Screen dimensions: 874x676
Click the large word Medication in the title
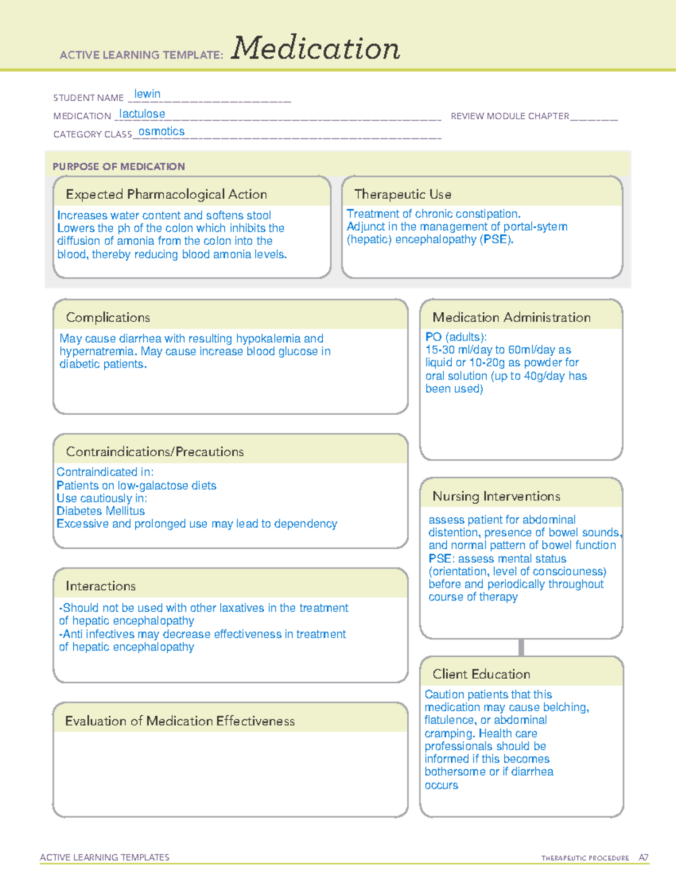(315, 48)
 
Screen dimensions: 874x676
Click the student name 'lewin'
(147, 94)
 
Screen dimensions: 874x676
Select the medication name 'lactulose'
(142, 114)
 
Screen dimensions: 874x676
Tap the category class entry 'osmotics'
(162, 132)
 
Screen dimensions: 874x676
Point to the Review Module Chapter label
(510, 116)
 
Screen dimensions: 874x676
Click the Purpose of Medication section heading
(118, 167)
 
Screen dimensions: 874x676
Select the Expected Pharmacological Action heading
(166, 194)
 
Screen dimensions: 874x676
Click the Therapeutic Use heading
(403, 194)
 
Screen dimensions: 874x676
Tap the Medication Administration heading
(512, 317)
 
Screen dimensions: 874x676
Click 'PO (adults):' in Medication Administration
(456, 337)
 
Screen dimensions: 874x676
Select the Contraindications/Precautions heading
(155, 452)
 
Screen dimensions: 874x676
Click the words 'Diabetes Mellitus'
(100, 511)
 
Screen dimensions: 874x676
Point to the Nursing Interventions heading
(496, 496)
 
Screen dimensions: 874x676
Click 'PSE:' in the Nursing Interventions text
(441, 558)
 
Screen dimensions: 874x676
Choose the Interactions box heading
(101, 586)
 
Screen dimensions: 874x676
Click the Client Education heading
(481, 674)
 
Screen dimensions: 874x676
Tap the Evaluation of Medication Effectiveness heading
(180, 721)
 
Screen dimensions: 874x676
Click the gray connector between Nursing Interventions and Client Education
(521, 647)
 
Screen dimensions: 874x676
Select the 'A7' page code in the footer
(643, 858)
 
